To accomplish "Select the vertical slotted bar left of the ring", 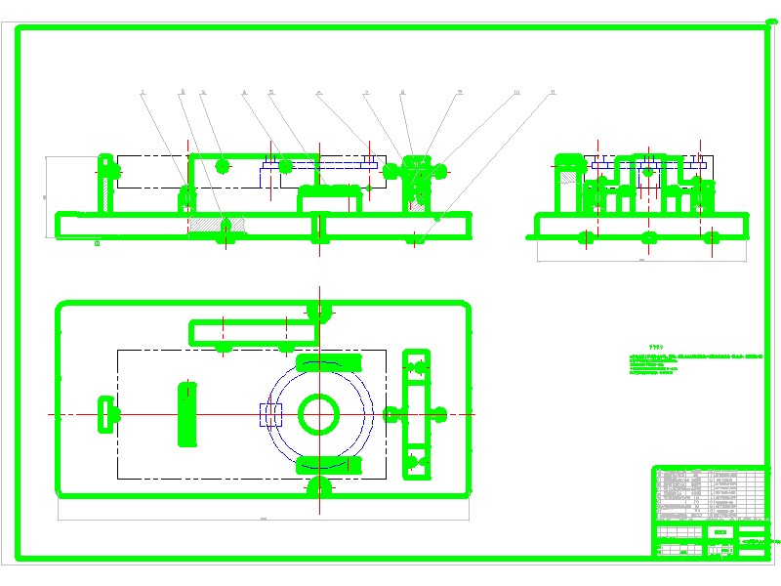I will pyautogui.click(x=185, y=414).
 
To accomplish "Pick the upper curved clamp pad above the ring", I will pyautogui.click(x=320, y=362).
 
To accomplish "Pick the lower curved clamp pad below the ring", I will pyautogui.click(x=320, y=462).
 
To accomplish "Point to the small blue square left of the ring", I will pyautogui.click(x=268, y=416).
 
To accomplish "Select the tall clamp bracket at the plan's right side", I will pyautogui.click(x=418, y=413).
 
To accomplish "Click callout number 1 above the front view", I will pyautogui.click(x=143, y=93).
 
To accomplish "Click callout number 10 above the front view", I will pyautogui.click(x=516, y=93).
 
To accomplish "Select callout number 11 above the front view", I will pyautogui.click(x=553, y=93).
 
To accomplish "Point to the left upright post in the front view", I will pyautogui.click(x=104, y=186).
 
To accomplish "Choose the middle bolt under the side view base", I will pyautogui.click(x=648, y=237).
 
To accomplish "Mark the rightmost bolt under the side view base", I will pyautogui.click(x=712, y=237).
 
